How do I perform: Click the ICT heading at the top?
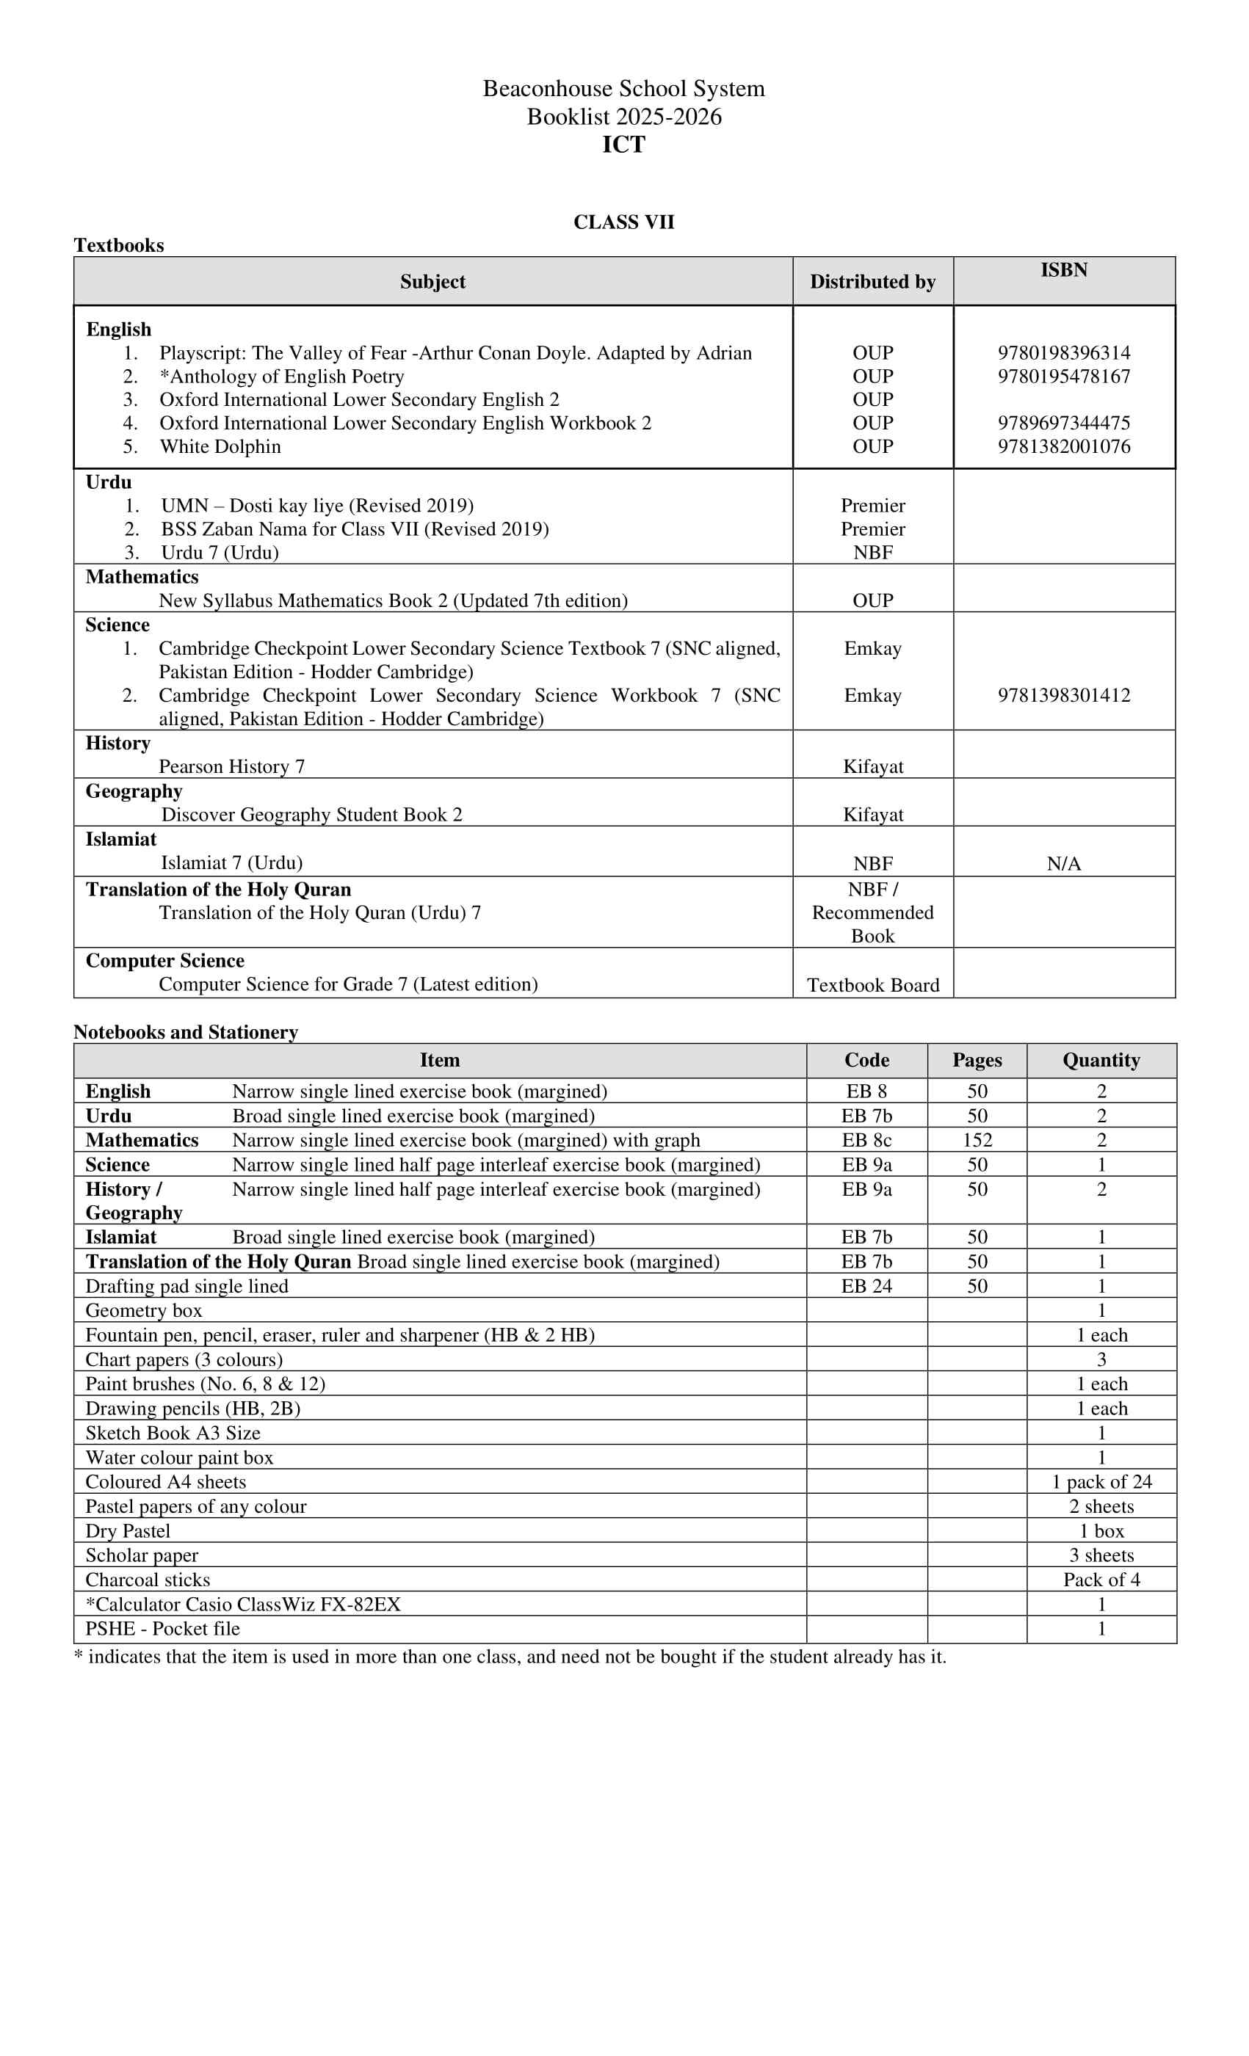[x=623, y=145]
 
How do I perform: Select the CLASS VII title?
[x=623, y=222]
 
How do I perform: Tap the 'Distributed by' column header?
[x=872, y=282]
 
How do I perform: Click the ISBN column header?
[x=1064, y=270]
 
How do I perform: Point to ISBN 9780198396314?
[x=1064, y=353]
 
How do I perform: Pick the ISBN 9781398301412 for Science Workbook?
[x=1064, y=695]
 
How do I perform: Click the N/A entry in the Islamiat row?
[x=1064, y=864]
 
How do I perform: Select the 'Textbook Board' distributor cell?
[x=872, y=986]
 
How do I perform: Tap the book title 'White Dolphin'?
[x=220, y=446]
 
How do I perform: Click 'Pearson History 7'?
[x=231, y=767]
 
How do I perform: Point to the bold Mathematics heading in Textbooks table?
[x=142, y=577]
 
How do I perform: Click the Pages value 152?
[x=977, y=1140]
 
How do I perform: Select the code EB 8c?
[x=866, y=1140]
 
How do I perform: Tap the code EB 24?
[x=866, y=1286]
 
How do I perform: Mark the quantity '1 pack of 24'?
[x=1101, y=1482]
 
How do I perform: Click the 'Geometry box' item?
[x=144, y=1311]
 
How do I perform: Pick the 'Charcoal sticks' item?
[x=148, y=1580]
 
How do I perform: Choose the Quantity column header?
[x=1101, y=1060]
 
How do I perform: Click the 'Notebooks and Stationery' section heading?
[x=185, y=1032]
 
